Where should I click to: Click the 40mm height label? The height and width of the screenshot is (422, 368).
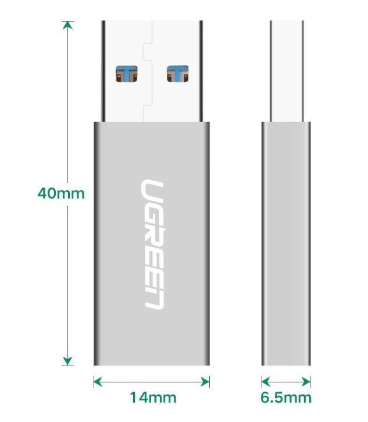click(x=61, y=193)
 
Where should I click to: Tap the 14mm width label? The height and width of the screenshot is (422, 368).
click(x=152, y=398)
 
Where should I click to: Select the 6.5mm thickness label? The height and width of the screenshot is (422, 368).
click(x=286, y=398)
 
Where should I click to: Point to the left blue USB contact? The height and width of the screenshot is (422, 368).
click(x=127, y=74)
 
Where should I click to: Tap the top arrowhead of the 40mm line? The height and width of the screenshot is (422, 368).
click(x=69, y=26)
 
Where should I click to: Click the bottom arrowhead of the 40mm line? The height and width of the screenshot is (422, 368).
click(x=69, y=361)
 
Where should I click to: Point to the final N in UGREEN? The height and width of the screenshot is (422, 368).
click(x=152, y=298)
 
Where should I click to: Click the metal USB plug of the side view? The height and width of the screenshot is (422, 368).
click(x=286, y=70)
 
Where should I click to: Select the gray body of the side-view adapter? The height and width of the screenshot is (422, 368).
click(x=286, y=244)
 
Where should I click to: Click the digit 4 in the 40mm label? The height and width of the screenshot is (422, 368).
click(x=42, y=193)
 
